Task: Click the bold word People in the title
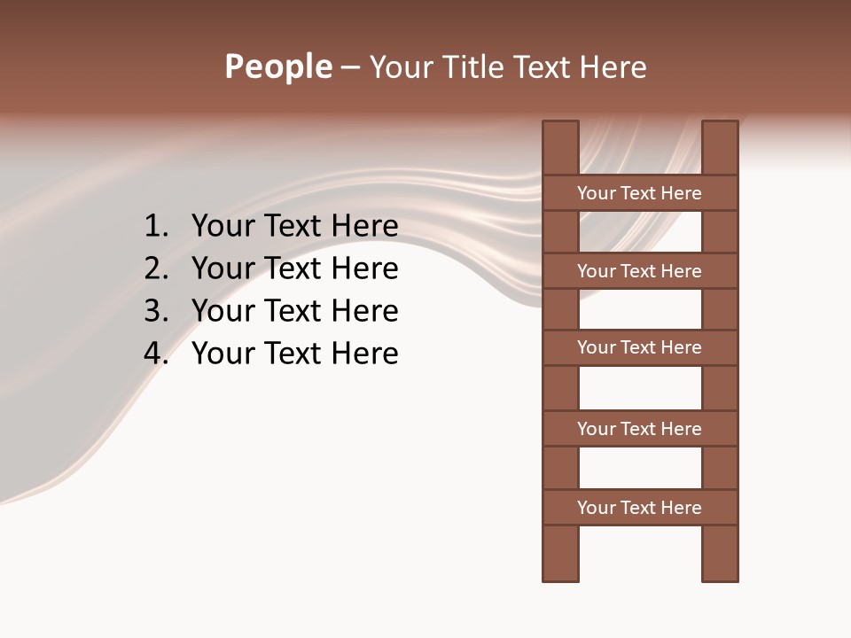pyautogui.click(x=278, y=66)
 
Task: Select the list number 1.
pyautogui.click(x=155, y=227)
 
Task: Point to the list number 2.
pyautogui.click(x=155, y=268)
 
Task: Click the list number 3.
pyautogui.click(x=155, y=311)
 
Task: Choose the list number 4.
pyautogui.click(x=155, y=354)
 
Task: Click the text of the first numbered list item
pyautogui.click(x=294, y=227)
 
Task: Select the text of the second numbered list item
pyautogui.click(x=294, y=268)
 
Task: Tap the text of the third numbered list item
pyautogui.click(x=294, y=311)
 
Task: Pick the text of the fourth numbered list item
pyautogui.click(x=294, y=354)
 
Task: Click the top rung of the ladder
pyautogui.click(x=639, y=193)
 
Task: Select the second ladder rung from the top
pyautogui.click(x=639, y=271)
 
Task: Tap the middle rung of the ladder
pyautogui.click(x=639, y=347)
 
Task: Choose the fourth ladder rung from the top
pyautogui.click(x=639, y=429)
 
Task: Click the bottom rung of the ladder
pyautogui.click(x=639, y=508)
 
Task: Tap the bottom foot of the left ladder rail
pyautogui.click(x=560, y=572)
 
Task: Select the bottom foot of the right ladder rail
pyautogui.click(x=720, y=572)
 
